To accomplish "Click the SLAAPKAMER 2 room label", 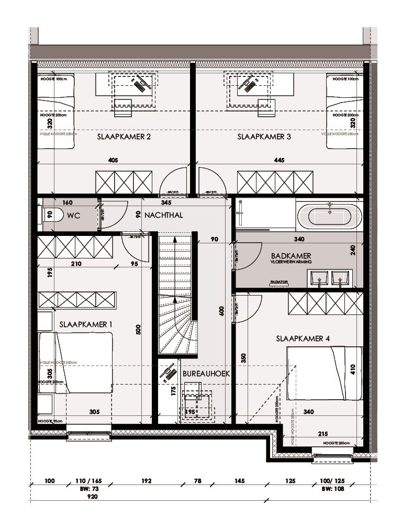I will coord(124,137).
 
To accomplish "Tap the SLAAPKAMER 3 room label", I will coord(264,137).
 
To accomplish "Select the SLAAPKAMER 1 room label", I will coord(86,324).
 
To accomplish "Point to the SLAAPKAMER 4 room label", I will coord(303,339).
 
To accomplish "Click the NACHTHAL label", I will coord(164,215).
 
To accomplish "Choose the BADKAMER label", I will coord(291,256).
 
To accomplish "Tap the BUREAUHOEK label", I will coord(206,374).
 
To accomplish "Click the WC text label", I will coord(73,215).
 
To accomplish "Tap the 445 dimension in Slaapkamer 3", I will coord(278,160).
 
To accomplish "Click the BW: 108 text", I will coord(333,489).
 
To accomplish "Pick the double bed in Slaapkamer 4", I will coord(325,373).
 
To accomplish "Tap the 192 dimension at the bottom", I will coord(146,481).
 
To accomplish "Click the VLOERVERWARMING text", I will coord(292,262).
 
